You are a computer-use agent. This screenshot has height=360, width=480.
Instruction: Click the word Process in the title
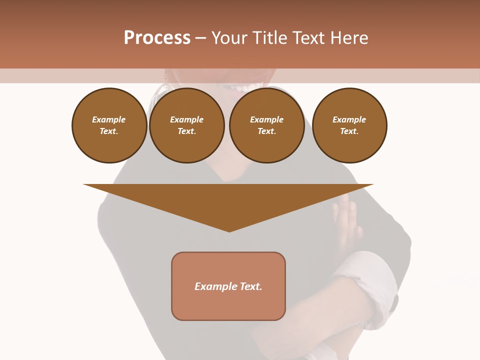pos(157,37)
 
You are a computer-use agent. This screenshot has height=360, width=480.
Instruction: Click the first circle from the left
pos(109,125)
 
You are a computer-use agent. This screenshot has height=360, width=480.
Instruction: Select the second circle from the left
pos(186,125)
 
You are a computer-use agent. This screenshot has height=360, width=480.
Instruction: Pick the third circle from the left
pos(266,125)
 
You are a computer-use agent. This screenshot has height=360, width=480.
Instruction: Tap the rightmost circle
pos(349,125)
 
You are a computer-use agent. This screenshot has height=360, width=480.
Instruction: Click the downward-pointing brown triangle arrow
pos(228,202)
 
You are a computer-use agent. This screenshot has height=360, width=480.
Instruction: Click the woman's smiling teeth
pos(243,88)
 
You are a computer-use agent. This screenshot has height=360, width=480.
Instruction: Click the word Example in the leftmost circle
pos(109,119)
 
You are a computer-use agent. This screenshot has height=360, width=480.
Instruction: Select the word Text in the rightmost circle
pos(349,131)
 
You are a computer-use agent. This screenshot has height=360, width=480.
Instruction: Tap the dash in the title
pos(200,37)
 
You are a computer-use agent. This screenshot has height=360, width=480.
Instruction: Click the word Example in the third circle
pos(266,119)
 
